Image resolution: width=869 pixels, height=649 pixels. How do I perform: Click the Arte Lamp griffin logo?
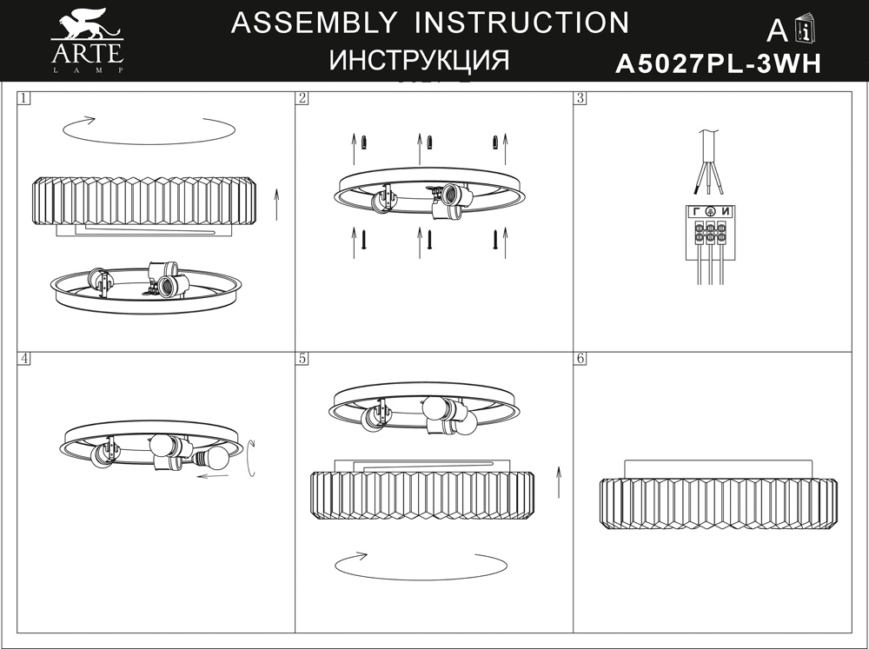coord(87,41)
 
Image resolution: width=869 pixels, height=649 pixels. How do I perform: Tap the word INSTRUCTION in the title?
coord(522,23)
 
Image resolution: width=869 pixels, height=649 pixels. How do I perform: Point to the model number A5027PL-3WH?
coord(719,63)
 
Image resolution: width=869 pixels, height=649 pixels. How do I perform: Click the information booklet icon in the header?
coord(806,30)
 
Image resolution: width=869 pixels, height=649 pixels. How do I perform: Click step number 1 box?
coord(23,98)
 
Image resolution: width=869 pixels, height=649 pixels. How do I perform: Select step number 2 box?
coord(302,98)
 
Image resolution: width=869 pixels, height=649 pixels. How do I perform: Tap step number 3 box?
coord(580,98)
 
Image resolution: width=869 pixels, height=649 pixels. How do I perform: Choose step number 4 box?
coord(23,358)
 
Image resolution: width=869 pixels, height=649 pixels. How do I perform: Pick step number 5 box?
coord(302,358)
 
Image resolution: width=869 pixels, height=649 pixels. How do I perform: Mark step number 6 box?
coord(580,358)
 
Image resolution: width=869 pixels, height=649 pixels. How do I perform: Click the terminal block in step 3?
coord(711,232)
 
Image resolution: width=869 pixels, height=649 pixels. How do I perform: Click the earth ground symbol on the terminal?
coord(711,211)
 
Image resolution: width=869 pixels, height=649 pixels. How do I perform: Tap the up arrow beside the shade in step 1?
coord(276,204)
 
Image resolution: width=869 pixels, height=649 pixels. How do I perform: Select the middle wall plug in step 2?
coord(429,142)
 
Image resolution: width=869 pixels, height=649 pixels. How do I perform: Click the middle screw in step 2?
coord(429,240)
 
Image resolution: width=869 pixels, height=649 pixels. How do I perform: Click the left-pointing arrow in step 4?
coord(214,475)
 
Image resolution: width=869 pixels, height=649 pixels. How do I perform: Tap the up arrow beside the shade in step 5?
coord(559,482)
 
